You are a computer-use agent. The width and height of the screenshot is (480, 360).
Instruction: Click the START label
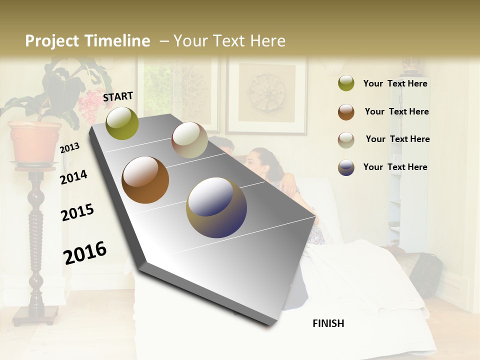point(118,96)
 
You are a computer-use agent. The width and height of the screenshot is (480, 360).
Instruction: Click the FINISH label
point(328,323)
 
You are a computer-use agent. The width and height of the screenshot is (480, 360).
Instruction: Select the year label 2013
point(69,148)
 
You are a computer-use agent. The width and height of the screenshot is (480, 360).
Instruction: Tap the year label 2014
point(73,177)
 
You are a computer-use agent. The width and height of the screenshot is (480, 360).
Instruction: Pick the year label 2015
point(77,212)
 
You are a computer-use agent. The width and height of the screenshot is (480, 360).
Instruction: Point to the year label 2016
point(85,252)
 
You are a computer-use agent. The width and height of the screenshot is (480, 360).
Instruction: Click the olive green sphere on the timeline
point(122,123)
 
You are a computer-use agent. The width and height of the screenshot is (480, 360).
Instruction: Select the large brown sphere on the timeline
point(145,180)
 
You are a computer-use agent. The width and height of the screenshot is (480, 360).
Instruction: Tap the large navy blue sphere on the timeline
point(216,207)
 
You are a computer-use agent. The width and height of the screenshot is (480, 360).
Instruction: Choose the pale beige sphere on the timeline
point(189,140)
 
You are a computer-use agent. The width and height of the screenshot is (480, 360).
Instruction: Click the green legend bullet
point(346,83)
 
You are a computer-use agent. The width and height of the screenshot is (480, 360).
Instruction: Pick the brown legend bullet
point(346,111)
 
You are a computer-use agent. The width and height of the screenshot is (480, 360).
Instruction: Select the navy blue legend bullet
point(346,167)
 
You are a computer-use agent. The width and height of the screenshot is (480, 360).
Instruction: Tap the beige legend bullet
point(346,139)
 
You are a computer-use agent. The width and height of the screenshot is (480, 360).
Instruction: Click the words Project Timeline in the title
point(87,41)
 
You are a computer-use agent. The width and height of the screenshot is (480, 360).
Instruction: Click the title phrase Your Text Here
point(229,41)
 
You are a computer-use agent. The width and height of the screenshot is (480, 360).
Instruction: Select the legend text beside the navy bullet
point(395,167)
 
